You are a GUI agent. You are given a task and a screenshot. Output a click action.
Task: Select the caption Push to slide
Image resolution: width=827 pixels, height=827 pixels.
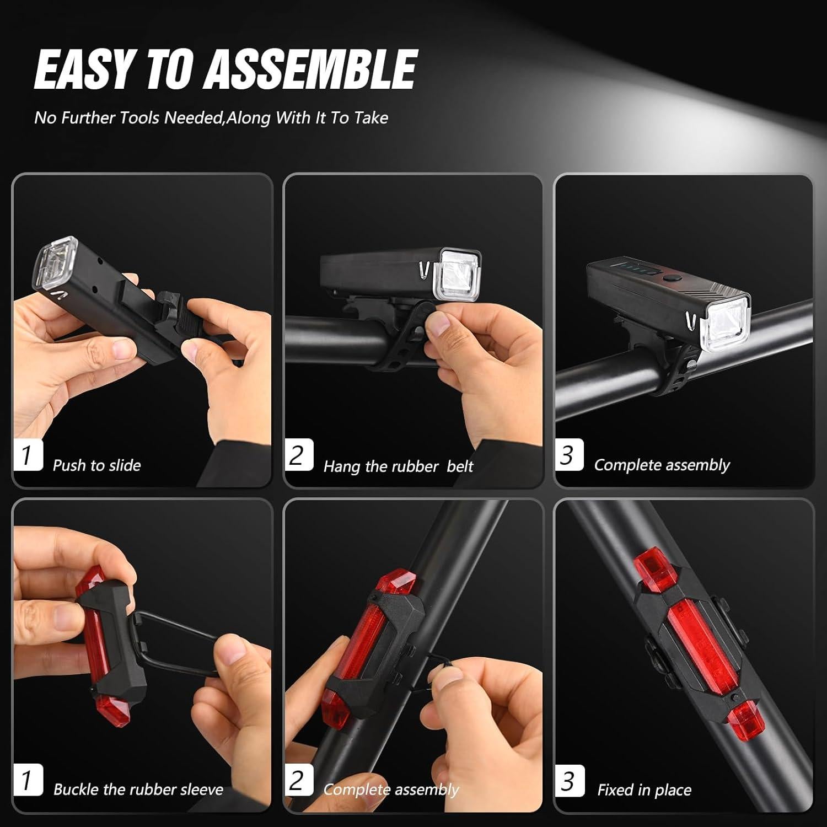96,465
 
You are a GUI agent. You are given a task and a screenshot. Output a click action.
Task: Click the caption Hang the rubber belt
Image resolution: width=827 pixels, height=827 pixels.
398,466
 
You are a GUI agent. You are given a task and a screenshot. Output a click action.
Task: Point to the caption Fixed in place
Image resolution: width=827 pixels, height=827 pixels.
644,790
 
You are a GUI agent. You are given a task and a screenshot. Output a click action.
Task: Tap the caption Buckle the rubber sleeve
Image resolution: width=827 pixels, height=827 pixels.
138,790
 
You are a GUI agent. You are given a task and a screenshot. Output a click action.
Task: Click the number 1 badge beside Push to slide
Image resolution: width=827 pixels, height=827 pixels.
27,455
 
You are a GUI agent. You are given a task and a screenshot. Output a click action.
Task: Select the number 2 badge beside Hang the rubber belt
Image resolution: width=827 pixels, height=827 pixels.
298,455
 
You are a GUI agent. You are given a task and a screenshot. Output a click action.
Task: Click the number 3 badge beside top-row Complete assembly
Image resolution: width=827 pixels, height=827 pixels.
568,455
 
